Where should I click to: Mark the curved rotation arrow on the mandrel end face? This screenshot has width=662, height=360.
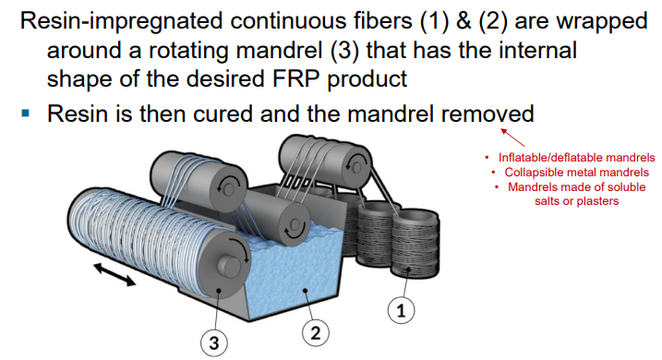tap(232, 252)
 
